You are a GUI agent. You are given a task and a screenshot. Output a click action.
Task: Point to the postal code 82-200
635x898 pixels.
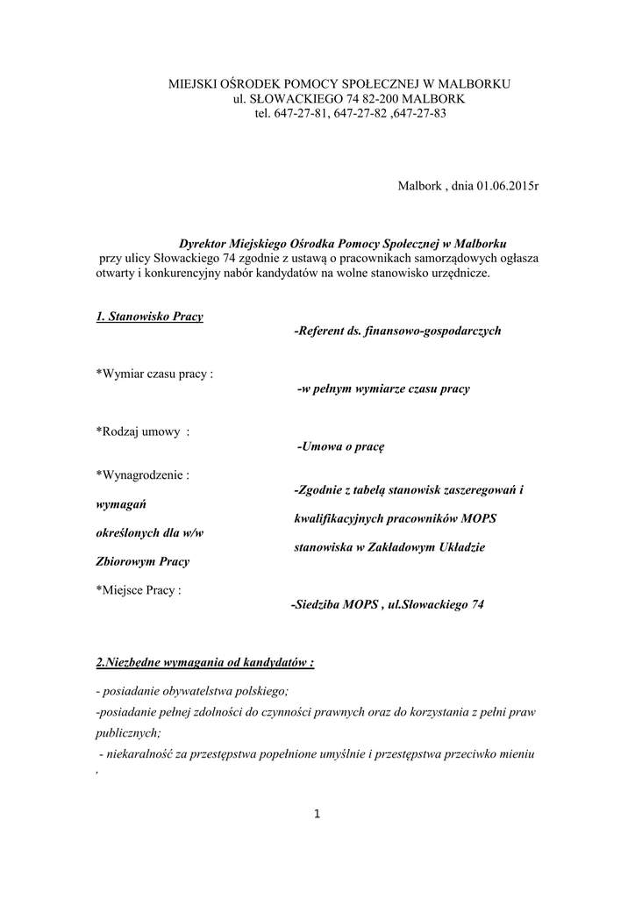(x=376, y=98)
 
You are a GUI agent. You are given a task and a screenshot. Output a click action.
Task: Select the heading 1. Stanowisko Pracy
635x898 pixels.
(x=149, y=316)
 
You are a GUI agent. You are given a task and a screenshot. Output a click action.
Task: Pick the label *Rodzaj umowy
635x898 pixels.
(x=143, y=431)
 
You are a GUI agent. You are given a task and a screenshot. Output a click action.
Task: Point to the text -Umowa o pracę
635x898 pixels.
(x=341, y=446)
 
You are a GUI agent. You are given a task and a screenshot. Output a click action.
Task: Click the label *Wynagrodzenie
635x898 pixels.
(x=143, y=475)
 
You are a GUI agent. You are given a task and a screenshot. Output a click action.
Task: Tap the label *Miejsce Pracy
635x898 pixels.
(x=139, y=590)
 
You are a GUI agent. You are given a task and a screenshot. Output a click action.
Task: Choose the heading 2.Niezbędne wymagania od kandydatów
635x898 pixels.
(x=205, y=662)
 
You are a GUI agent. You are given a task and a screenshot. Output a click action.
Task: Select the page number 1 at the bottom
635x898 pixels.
(x=317, y=816)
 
